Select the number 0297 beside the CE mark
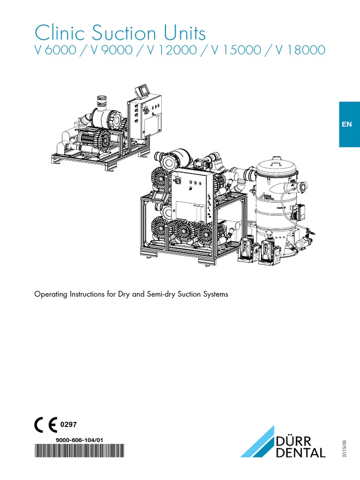(68, 424)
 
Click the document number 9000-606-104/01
(79, 440)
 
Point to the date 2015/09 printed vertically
(345, 449)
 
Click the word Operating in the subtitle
(51, 295)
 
